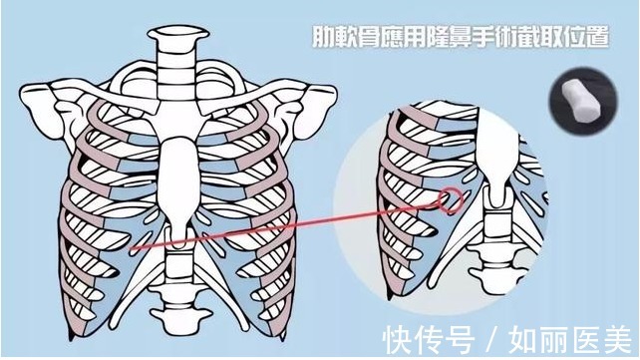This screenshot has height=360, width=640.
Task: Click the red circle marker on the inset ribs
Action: coord(451,199)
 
